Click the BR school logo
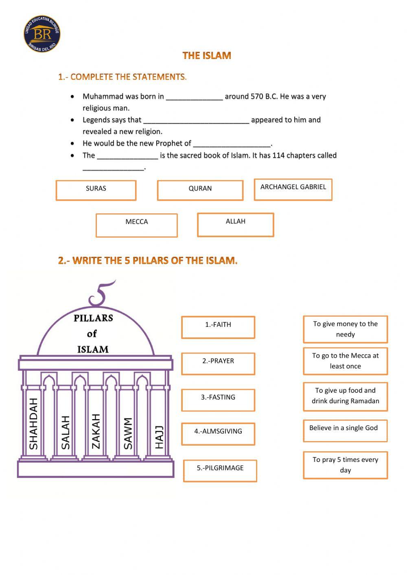pyautogui.click(x=42, y=34)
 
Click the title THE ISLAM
pyautogui.click(x=207, y=56)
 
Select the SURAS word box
pyautogui.click(x=96, y=190)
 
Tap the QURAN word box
pyautogui.click(x=200, y=190)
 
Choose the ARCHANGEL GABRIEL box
pyautogui.click(x=293, y=189)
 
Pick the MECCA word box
pyautogui.click(x=137, y=225)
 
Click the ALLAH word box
pyautogui.click(x=235, y=224)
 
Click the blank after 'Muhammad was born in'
pyautogui.click(x=195, y=97)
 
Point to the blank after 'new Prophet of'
pyautogui.click(x=232, y=144)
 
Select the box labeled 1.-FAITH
pyautogui.click(x=218, y=327)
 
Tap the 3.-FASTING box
pyautogui.click(x=218, y=400)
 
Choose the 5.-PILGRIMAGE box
pyautogui.click(x=220, y=470)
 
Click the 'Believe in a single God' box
pyautogui.click(x=345, y=431)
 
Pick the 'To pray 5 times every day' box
pyautogui.click(x=345, y=465)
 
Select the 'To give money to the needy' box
pyautogui.click(x=345, y=329)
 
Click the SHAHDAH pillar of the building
pyautogui.click(x=34, y=423)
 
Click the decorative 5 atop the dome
pyautogui.click(x=100, y=294)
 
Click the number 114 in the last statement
pyautogui.click(x=279, y=155)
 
